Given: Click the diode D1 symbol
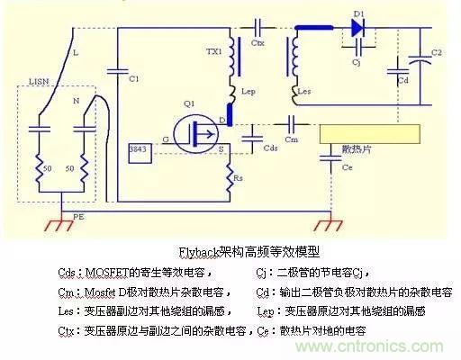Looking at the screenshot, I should click(x=357, y=28).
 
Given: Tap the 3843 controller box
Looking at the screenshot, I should click(x=139, y=150).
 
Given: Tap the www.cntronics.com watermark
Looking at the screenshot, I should click(x=393, y=345).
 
